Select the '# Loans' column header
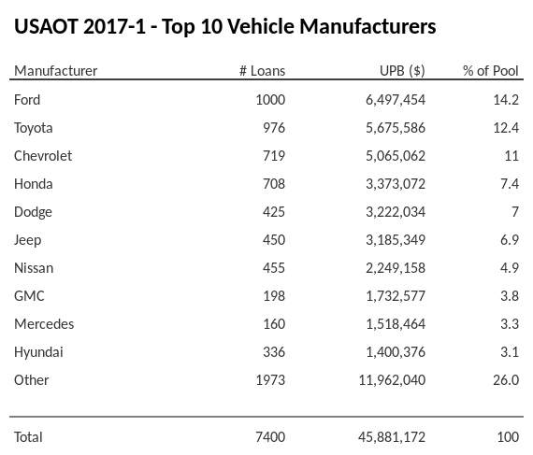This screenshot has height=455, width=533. [262, 71]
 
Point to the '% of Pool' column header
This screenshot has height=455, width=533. [491, 71]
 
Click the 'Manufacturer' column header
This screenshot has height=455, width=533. [55, 71]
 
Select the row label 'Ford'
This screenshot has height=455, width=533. [28, 99]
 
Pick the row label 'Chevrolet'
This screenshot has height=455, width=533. [43, 155]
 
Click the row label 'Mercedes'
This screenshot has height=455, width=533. [44, 324]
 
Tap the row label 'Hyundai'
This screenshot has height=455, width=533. [38, 352]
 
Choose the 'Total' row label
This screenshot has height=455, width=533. [28, 436]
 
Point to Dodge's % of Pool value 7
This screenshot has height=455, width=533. [514, 212]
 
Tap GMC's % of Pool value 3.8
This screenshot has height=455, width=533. [509, 296]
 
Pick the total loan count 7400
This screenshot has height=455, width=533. [268, 436]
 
